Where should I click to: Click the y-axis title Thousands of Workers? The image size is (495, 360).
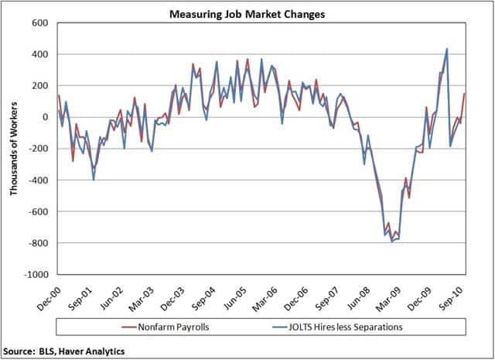(x=14, y=148)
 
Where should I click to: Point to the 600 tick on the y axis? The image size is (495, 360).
(x=39, y=22)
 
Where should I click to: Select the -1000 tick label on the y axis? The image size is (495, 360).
(x=36, y=275)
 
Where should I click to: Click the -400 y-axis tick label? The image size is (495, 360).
(x=38, y=180)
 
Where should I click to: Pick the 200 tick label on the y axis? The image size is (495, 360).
(x=39, y=85)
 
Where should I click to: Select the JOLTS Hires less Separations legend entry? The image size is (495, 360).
(x=340, y=327)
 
